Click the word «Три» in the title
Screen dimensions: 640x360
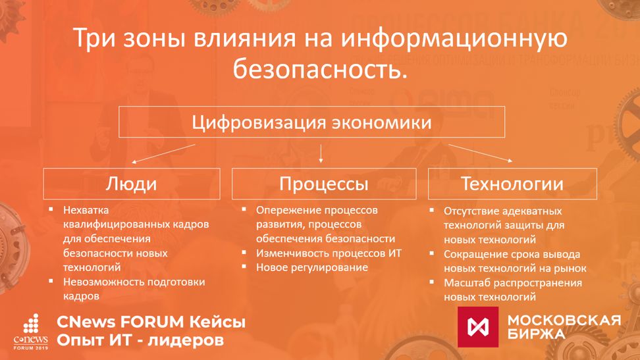pos(95,38)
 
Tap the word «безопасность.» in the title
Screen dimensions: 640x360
pos(321,68)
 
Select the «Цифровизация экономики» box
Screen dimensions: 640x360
pos(312,122)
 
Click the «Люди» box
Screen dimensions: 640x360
pos(132,184)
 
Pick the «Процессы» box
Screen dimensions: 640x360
pos(324,184)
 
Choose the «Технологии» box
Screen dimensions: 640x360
pos(512,184)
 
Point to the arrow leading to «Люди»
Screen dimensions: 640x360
pos(163,154)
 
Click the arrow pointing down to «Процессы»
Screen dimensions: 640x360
pos(321,153)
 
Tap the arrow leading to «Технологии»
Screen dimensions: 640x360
pos(481,153)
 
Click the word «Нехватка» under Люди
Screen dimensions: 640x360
pos(86,210)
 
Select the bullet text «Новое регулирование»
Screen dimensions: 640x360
pos(312,267)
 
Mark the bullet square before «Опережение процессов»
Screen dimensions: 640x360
pos(244,209)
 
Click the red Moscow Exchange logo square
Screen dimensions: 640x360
pos(478,327)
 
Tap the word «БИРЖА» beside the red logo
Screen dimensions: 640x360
pos(537,334)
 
